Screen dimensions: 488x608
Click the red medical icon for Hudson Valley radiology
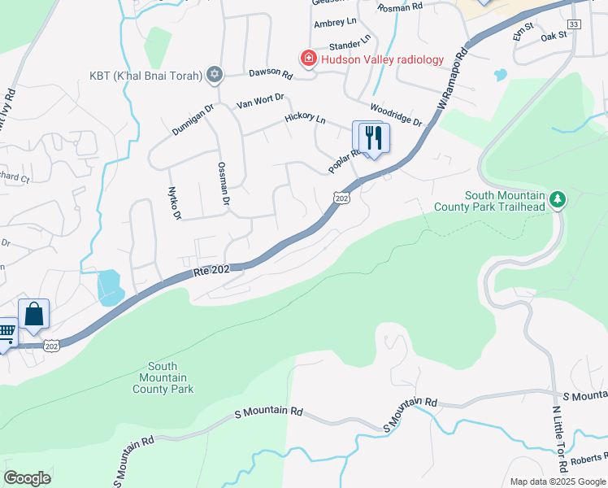click(308, 59)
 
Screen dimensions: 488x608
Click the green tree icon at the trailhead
click(557, 199)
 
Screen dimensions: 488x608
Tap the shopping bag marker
click(34, 314)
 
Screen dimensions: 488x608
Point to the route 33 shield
click(575, 25)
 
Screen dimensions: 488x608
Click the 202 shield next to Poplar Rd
click(341, 198)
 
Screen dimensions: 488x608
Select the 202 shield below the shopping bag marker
click(52, 346)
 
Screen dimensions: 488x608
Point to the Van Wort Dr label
click(259, 101)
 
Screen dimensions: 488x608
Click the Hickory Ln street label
click(305, 120)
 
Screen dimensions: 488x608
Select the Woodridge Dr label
click(396, 115)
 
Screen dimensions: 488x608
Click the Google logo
click(27, 478)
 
